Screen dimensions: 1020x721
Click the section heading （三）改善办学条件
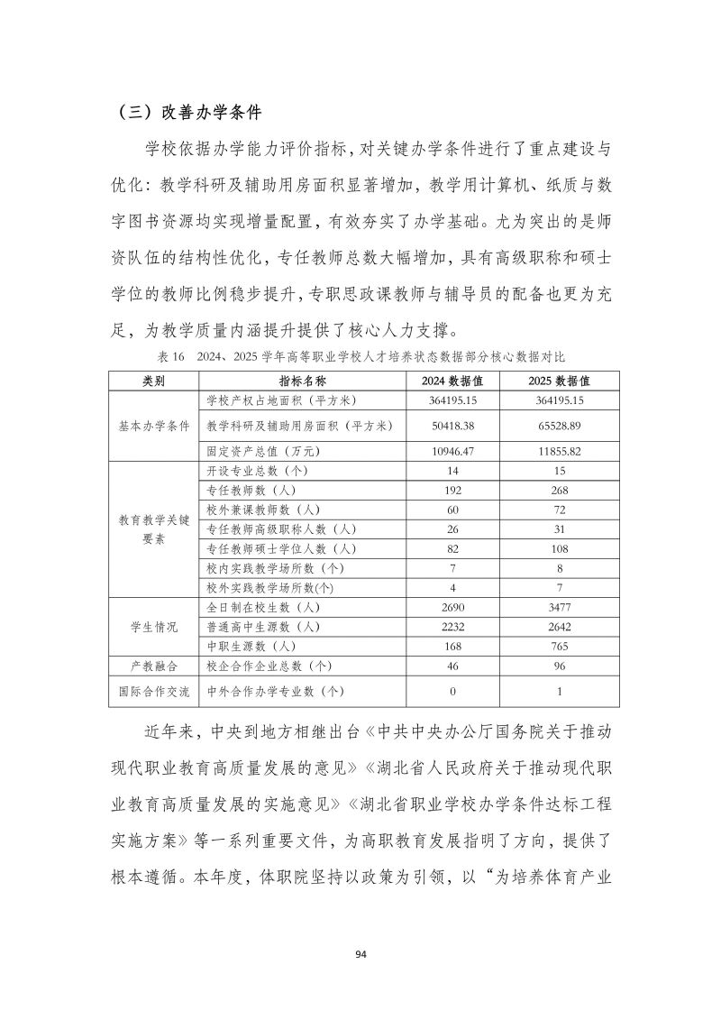189,114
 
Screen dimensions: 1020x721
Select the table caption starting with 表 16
360,357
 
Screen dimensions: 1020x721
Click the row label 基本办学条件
153,425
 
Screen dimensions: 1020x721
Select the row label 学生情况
153,626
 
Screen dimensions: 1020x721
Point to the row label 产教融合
153,666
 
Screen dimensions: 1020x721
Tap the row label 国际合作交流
153,691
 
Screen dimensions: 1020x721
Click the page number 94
360,954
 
